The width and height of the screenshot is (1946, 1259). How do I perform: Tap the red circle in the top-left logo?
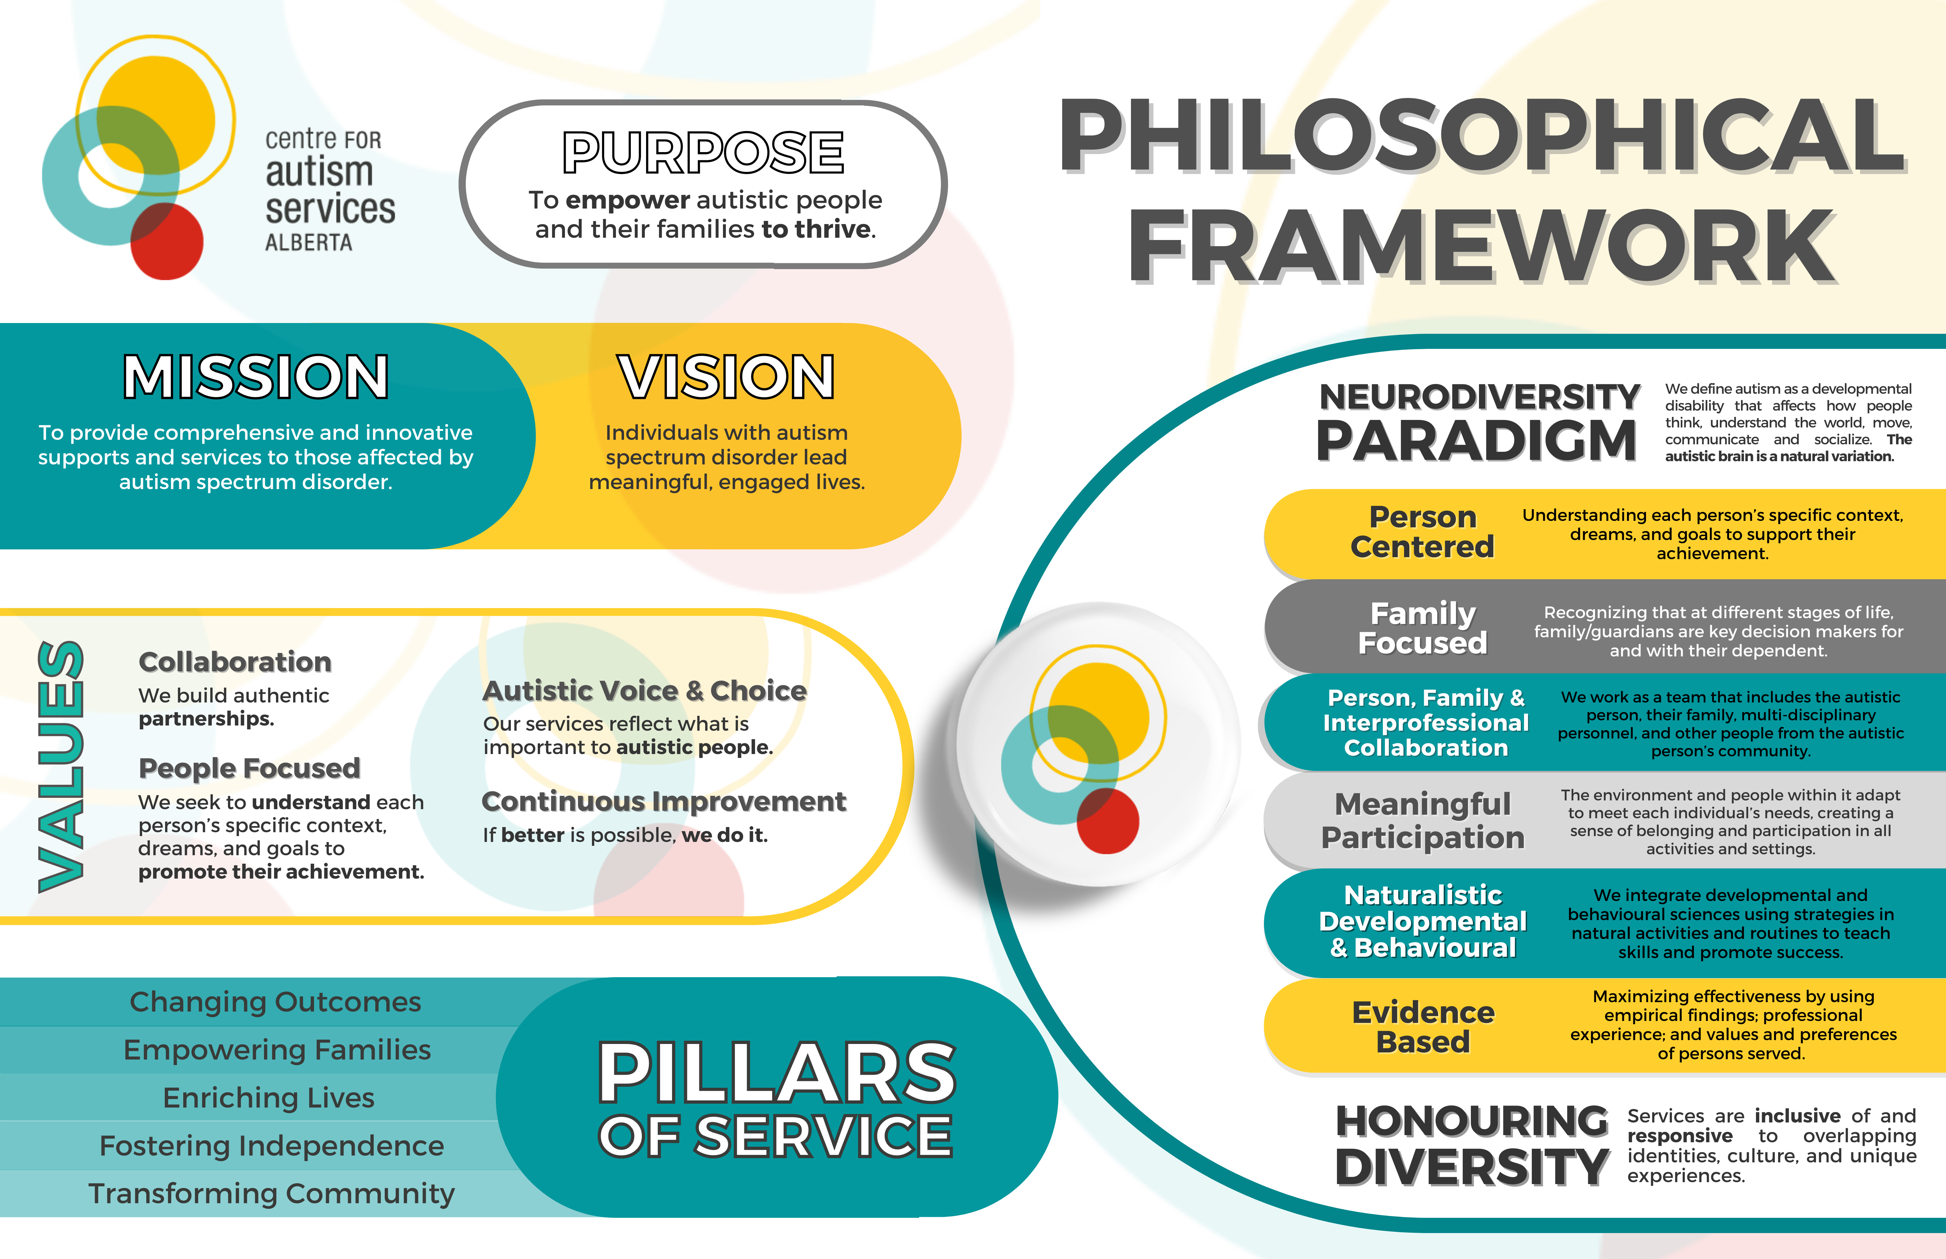(x=167, y=241)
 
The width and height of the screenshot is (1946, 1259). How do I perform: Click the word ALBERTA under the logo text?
(x=308, y=243)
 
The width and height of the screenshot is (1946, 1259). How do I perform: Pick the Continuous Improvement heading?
(x=664, y=801)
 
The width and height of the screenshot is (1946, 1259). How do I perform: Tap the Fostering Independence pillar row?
(x=271, y=1145)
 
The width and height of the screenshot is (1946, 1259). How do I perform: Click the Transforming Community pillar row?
(x=271, y=1193)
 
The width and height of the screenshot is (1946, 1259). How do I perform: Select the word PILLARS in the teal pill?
(x=777, y=1073)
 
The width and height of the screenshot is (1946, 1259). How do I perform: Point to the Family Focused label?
(x=1423, y=628)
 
